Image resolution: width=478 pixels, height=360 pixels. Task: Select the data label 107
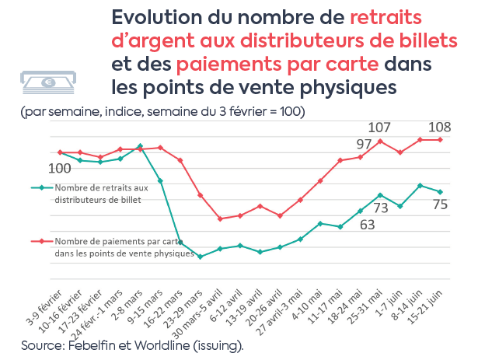[379, 127]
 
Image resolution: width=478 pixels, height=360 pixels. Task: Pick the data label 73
[380, 208]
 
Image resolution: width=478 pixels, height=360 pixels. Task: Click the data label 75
[439, 205]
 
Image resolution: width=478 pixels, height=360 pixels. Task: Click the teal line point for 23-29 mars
[200, 256]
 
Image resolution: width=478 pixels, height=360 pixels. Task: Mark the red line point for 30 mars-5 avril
[220, 218]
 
